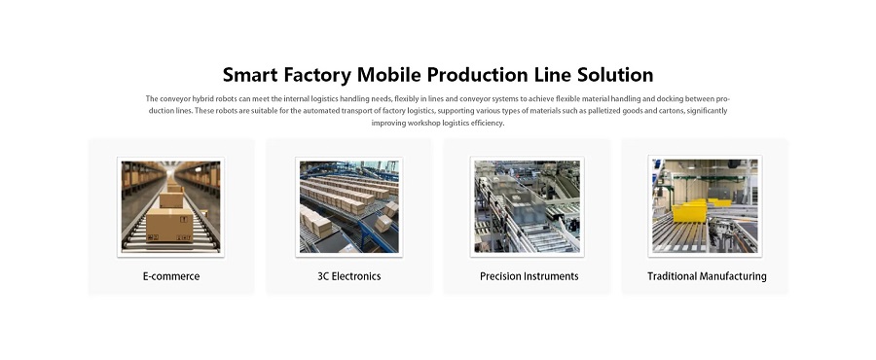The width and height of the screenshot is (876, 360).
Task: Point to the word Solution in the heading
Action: (x=615, y=75)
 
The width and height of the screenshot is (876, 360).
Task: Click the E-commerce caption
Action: (x=171, y=276)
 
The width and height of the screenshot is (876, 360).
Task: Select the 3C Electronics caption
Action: (x=349, y=276)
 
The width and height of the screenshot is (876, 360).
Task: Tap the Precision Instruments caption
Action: (x=529, y=276)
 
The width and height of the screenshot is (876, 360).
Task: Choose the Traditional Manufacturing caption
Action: (x=707, y=276)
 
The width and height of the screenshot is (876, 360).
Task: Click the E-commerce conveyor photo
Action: (x=171, y=207)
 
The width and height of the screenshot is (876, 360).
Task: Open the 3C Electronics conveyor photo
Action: (x=349, y=207)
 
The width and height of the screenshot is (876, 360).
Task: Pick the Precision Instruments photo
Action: (x=528, y=207)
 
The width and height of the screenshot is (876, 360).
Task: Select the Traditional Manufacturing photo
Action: (x=705, y=206)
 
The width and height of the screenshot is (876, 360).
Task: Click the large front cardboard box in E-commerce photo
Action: (x=169, y=225)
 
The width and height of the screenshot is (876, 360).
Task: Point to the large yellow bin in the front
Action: (x=690, y=213)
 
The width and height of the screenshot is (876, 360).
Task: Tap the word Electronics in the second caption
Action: (x=356, y=276)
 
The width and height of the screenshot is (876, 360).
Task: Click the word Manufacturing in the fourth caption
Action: (x=733, y=276)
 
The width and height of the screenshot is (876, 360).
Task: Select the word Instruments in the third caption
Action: (x=550, y=276)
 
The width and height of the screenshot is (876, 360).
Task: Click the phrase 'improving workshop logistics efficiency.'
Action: (x=438, y=124)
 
